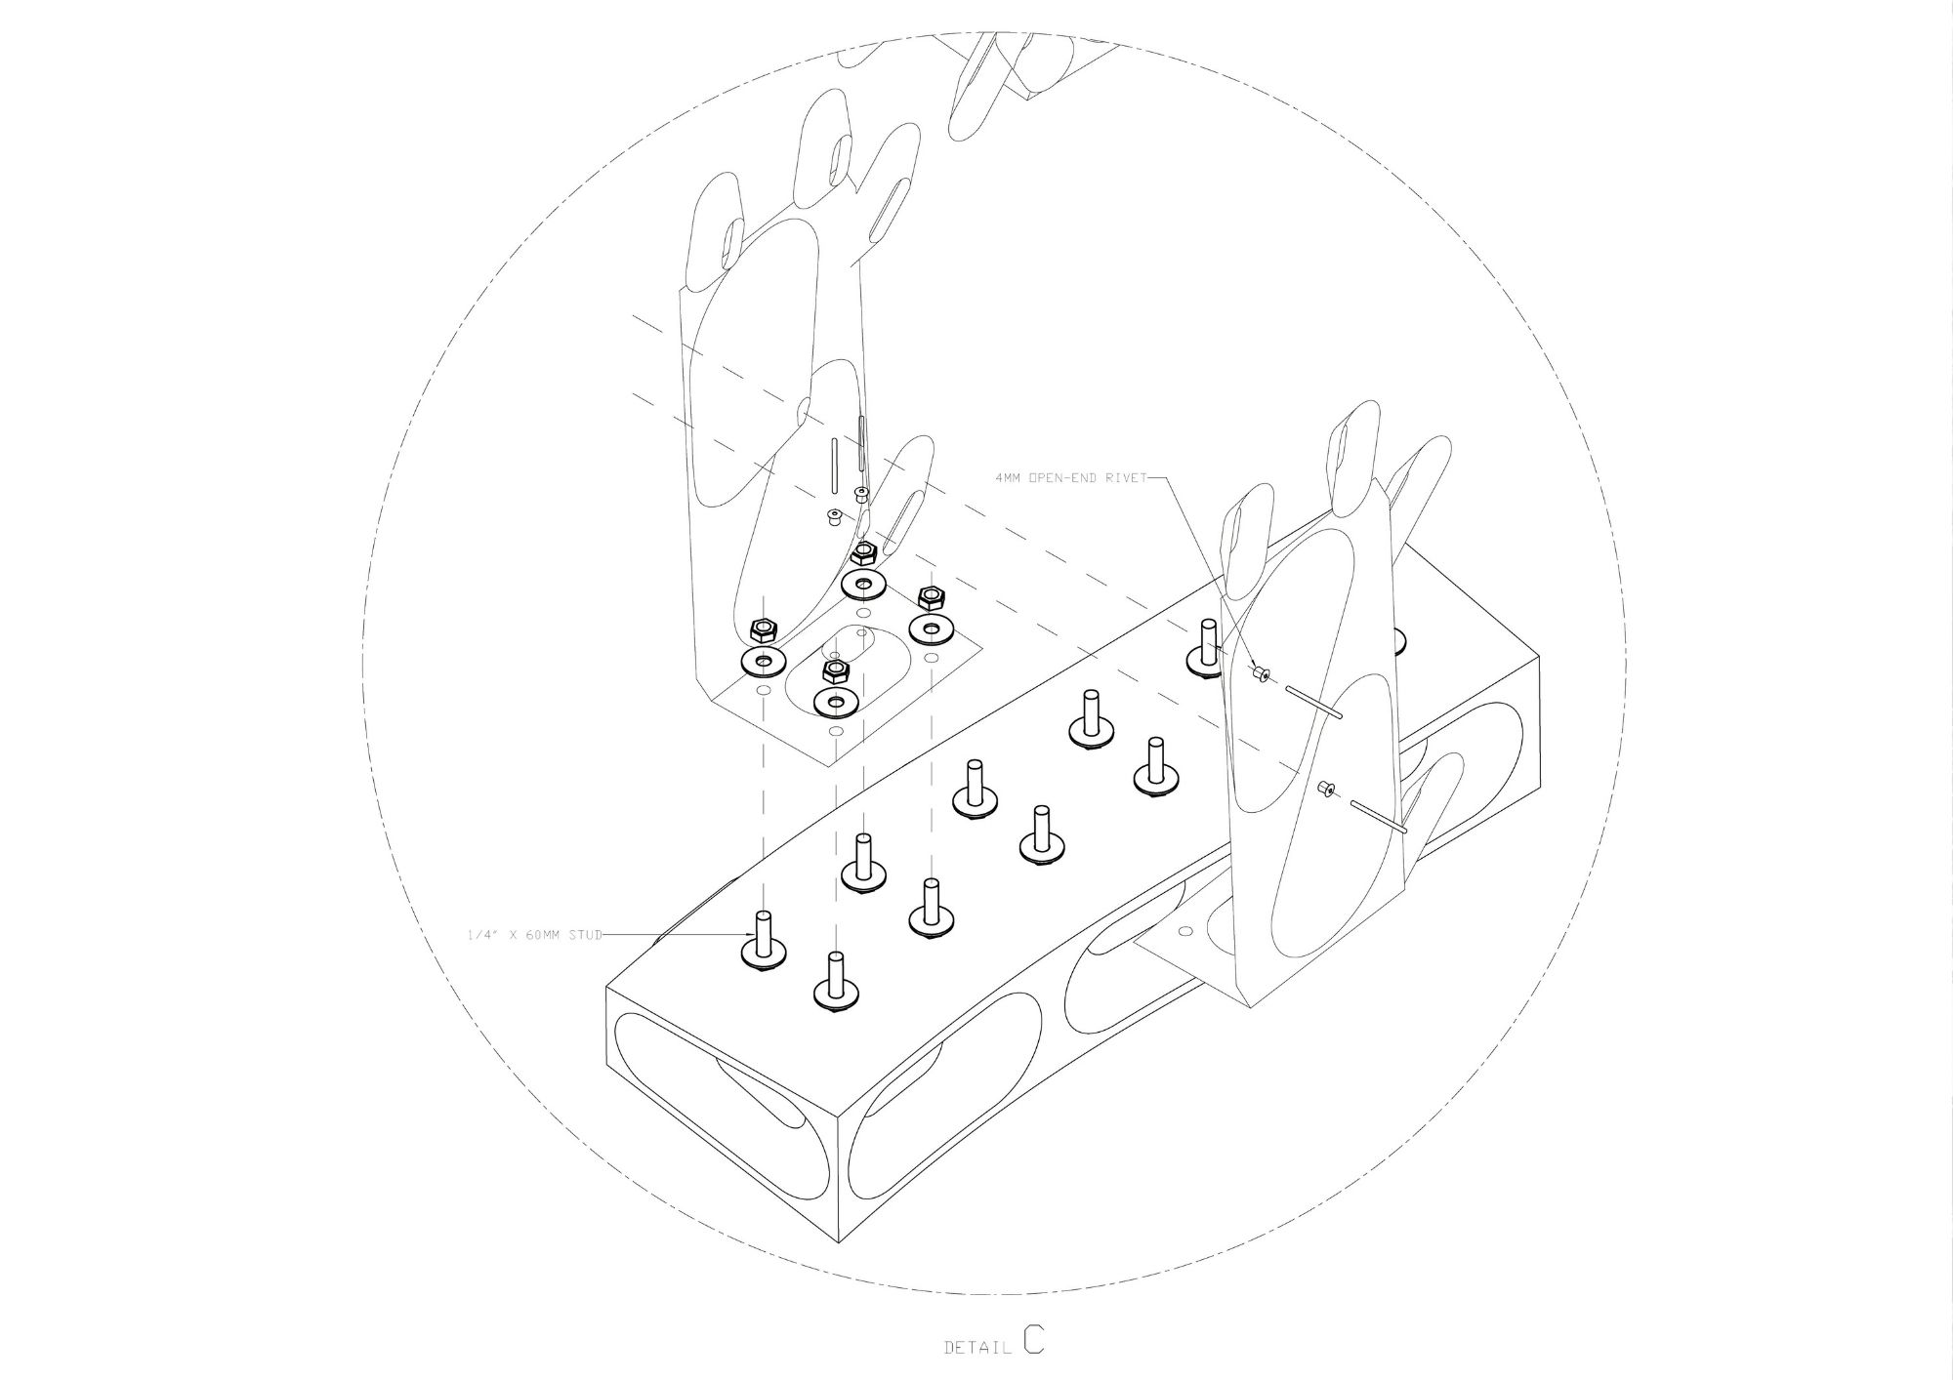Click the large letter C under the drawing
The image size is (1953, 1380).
tap(1034, 1339)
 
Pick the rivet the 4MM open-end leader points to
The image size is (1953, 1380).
tap(1260, 673)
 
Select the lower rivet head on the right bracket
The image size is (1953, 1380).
tap(1325, 789)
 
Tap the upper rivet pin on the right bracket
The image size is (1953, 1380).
tap(1314, 704)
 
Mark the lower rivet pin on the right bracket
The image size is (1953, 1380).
tap(1377, 817)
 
